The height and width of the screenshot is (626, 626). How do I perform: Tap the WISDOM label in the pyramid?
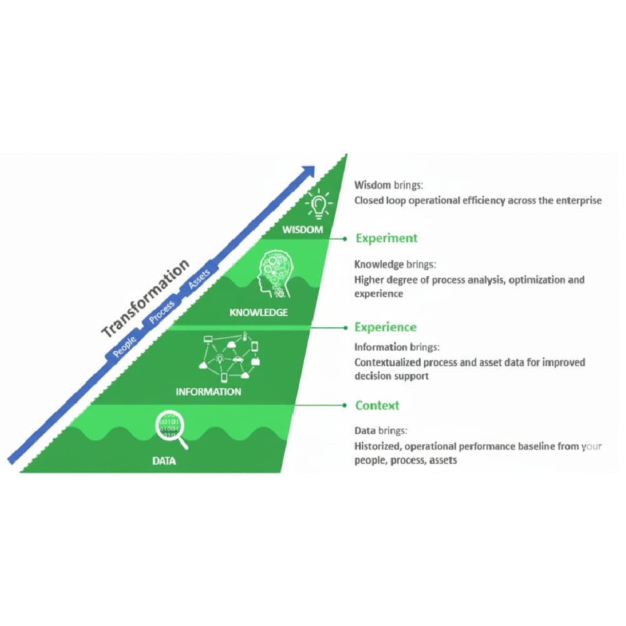click(302, 230)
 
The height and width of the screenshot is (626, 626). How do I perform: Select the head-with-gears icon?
click(274, 274)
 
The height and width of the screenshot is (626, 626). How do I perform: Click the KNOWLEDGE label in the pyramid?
click(259, 312)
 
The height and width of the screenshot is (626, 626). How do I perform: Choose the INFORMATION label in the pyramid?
click(208, 392)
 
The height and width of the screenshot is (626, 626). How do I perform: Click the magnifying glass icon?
click(172, 428)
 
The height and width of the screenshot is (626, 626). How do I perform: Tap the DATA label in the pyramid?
click(164, 461)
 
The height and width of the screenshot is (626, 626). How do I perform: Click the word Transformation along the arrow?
click(145, 298)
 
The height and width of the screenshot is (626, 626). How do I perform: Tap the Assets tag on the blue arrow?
click(200, 279)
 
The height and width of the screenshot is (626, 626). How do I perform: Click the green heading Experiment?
click(386, 238)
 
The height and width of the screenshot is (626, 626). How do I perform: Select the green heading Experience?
click(385, 327)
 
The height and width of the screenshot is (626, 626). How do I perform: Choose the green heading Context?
click(377, 405)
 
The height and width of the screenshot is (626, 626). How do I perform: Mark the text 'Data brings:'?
click(381, 431)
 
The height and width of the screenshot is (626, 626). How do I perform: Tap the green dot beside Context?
click(344, 405)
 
